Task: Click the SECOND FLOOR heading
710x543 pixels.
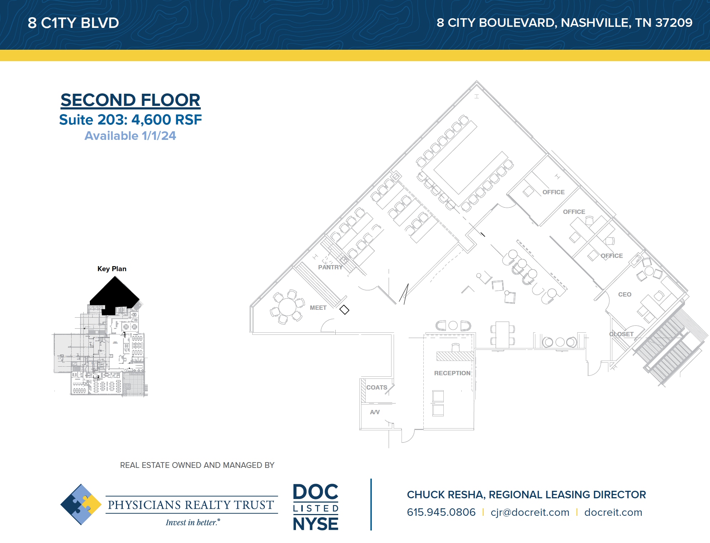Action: tap(130, 100)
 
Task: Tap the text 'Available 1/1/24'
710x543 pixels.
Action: tap(130, 136)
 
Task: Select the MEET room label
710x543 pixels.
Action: tap(318, 308)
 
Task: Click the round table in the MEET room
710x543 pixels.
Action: tap(287, 307)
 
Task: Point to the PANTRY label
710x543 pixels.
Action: tap(330, 267)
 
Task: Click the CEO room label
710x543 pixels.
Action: tap(624, 294)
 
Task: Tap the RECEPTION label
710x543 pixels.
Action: tap(452, 373)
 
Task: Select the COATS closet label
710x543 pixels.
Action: tap(376, 387)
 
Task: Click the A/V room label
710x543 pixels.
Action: tap(375, 412)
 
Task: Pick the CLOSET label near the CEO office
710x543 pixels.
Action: tap(621, 334)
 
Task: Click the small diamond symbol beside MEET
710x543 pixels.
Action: tap(344, 309)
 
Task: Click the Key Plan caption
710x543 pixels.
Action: tap(112, 269)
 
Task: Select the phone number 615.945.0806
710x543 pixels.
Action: tap(441, 512)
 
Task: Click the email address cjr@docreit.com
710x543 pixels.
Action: tap(530, 512)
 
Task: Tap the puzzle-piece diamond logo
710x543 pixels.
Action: tap(81, 504)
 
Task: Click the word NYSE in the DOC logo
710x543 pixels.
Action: tap(315, 524)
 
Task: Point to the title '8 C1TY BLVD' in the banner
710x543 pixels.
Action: tap(73, 23)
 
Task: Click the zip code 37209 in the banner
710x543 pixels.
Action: tap(673, 23)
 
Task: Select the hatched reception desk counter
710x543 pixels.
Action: tap(455, 356)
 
